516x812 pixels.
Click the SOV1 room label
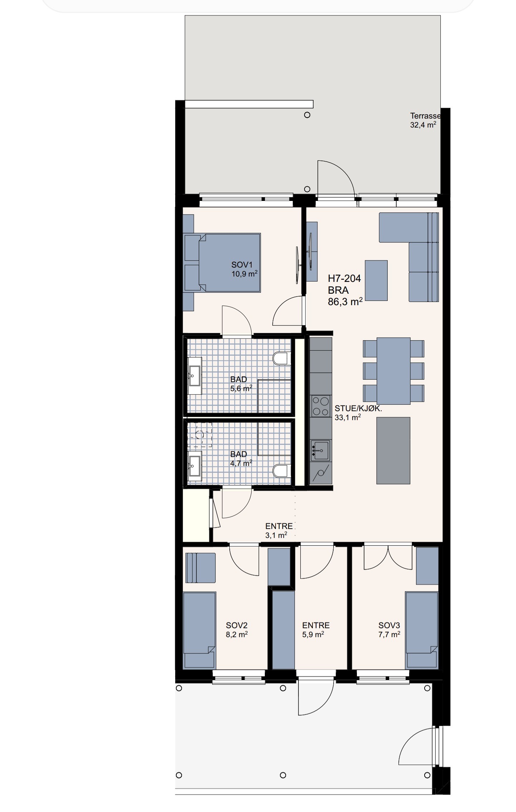[242, 265]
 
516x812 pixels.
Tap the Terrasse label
[425, 116]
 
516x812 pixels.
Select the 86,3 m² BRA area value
[345, 302]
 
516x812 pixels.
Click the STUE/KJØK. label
[358, 408]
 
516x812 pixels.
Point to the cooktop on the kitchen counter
[321, 406]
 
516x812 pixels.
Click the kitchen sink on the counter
[320, 450]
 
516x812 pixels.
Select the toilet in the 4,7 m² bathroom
[281, 471]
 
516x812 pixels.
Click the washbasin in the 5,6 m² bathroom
[195, 376]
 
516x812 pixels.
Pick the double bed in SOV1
[222, 263]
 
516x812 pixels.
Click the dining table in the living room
[393, 371]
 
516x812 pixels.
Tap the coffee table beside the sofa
[376, 280]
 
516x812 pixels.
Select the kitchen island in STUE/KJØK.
[393, 451]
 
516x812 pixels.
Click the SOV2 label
[236, 625]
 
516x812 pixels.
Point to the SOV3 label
[389, 625]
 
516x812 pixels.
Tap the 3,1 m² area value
[276, 535]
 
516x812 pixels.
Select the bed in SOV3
[422, 630]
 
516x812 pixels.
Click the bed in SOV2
[200, 630]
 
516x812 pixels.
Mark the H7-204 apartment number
[344, 278]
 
